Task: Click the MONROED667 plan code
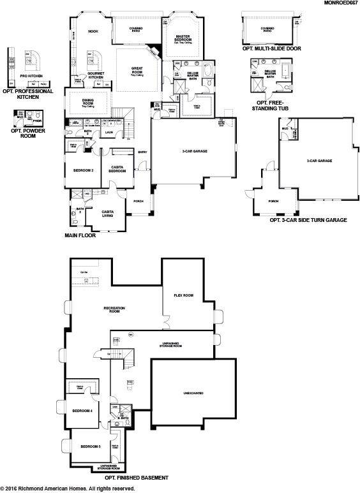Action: tap(340, 4)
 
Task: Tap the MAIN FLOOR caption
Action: tap(80, 235)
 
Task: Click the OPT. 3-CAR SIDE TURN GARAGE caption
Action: tap(308, 220)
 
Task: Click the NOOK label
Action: tap(93, 31)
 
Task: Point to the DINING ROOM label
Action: tap(89, 102)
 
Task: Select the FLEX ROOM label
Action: tap(184, 295)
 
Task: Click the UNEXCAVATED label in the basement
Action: tap(193, 393)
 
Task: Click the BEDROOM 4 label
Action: tap(83, 411)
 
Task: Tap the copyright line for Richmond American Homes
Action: tap(68, 489)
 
